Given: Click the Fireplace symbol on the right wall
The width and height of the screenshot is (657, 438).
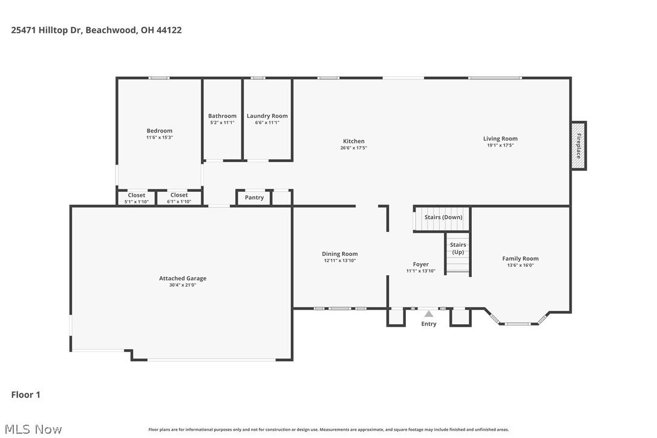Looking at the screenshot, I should tap(578, 146).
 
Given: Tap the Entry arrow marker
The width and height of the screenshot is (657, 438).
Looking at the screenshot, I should tap(428, 314).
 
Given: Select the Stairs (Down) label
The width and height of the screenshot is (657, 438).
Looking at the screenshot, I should tap(443, 217).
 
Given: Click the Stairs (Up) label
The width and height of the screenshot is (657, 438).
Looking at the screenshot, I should tap(458, 248).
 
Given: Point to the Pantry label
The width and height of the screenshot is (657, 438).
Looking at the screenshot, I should tap(254, 198).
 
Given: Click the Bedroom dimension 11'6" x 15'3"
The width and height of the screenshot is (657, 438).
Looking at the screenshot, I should tap(160, 137).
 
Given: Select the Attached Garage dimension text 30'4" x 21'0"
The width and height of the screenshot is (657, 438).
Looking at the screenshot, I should tap(183, 284).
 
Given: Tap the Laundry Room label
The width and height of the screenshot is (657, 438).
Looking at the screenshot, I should tap(267, 116).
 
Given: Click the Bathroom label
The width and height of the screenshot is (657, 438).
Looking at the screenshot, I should tap(222, 116).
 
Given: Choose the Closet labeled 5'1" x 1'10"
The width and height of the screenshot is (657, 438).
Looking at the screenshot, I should tap(136, 195).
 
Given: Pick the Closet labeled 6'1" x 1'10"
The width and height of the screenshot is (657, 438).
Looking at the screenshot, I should tap(178, 195).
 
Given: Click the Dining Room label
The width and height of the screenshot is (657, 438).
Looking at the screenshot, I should tap(339, 254).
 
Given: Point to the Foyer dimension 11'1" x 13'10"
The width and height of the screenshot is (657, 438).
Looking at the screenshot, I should tap(420, 271).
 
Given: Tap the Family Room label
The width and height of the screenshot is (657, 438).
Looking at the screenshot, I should tap(520, 258).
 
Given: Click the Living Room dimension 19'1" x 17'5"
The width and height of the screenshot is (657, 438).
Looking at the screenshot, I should tap(500, 145).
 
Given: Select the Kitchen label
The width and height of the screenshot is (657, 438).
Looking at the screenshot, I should tap(353, 141).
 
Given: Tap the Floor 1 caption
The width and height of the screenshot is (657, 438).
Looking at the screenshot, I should tap(25, 394).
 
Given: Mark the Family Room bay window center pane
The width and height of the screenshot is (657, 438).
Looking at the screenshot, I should tap(518, 324).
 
